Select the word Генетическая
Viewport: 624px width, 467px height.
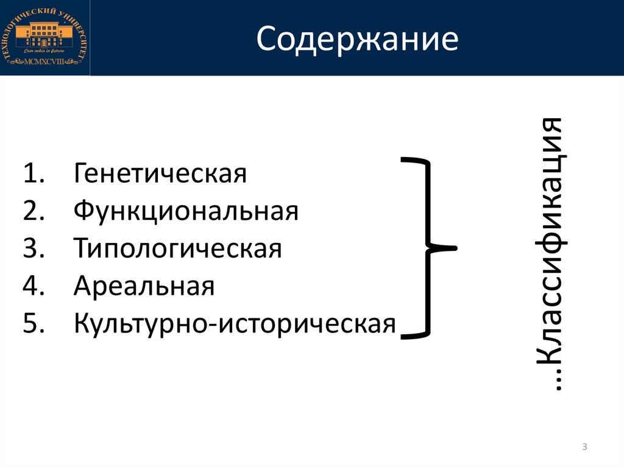click(x=160, y=174)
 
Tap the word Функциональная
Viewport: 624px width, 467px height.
click(x=186, y=211)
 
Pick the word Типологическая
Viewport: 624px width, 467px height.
click(x=177, y=249)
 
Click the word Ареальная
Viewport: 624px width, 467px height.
click(x=144, y=286)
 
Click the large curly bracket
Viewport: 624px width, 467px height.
click(x=430, y=247)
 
